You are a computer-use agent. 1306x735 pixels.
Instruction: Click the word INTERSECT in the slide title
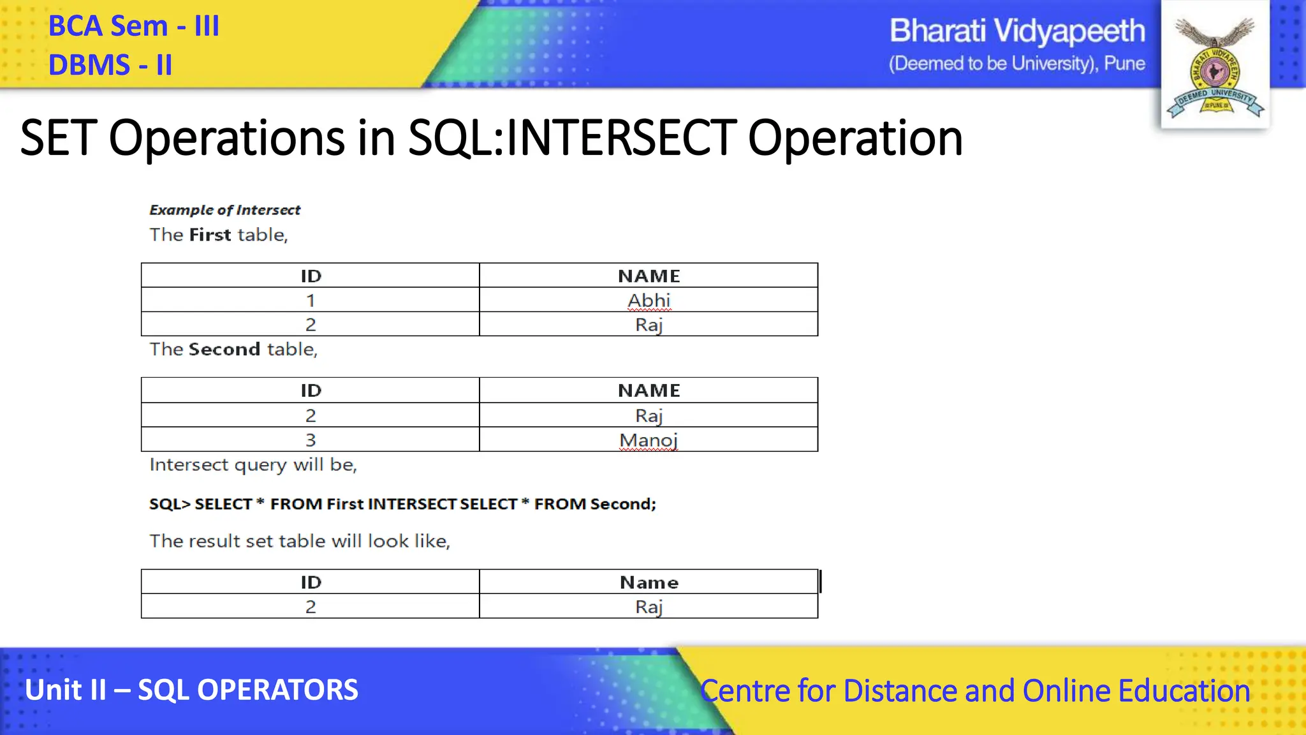pyautogui.click(x=620, y=138)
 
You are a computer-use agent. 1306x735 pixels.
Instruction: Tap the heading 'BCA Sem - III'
pyautogui.click(x=134, y=27)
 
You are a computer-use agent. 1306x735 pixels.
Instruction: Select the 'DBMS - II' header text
pyautogui.click(x=110, y=65)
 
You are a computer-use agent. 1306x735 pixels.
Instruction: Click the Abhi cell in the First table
pyautogui.click(x=649, y=300)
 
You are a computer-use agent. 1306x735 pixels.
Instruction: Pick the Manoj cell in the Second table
pyautogui.click(x=649, y=440)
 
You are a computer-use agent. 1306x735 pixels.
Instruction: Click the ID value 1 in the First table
pyautogui.click(x=311, y=300)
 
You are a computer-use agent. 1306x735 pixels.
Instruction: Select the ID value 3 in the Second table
pyautogui.click(x=311, y=440)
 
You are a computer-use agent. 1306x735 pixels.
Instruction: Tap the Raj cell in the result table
pyautogui.click(x=649, y=607)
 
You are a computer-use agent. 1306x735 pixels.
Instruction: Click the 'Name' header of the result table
pyautogui.click(x=649, y=583)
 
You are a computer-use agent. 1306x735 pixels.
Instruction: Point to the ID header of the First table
pyautogui.click(x=311, y=276)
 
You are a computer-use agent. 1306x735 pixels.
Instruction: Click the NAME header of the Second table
pyautogui.click(x=649, y=390)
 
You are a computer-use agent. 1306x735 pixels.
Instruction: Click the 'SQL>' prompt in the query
pyautogui.click(x=170, y=504)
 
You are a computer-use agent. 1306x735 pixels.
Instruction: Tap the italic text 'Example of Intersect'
pyautogui.click(x=224, y=210)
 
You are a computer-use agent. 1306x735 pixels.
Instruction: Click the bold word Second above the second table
pyautogui.click(x=224, y=350)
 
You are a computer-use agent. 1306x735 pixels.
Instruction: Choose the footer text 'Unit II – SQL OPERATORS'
pyautogui.click(x=191, y=690)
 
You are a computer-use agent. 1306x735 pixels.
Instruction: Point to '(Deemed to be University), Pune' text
pyautogui.click(x=1016, y=64)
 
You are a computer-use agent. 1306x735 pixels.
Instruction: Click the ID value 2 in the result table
pyautogui.click(x=311, y=607)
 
